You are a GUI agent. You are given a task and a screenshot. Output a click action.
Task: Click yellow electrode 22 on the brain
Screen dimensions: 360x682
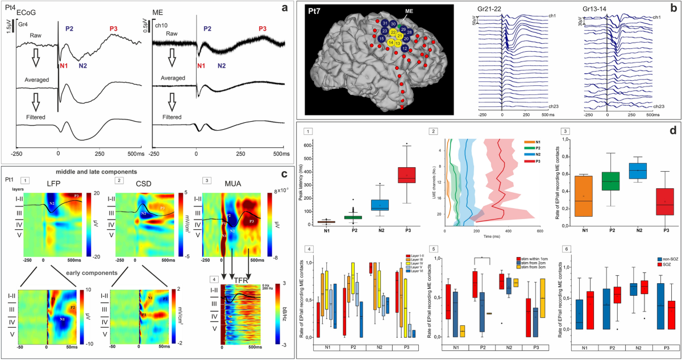click(x=393, y=33)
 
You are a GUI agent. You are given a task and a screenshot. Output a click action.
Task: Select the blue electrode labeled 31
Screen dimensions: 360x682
click(x=385, y=23)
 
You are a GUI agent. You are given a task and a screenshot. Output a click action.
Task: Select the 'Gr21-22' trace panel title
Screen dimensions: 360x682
click(x=501, y=10)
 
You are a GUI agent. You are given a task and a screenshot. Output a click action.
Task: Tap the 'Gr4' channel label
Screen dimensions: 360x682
click(x=23, y=25)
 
